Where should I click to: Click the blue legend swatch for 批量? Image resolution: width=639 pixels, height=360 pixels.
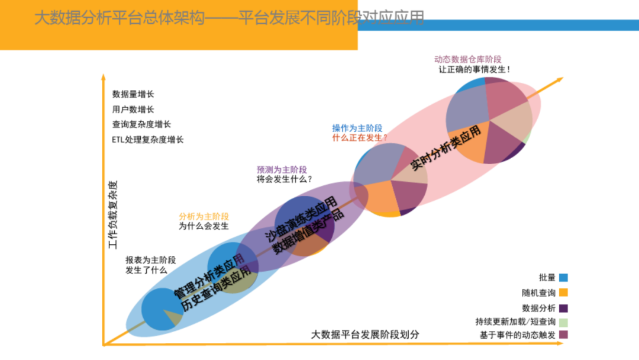pos(563,277)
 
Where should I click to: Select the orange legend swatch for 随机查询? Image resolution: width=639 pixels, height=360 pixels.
pos(563,292)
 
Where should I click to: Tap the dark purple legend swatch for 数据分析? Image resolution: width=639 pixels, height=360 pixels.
pos(563,308)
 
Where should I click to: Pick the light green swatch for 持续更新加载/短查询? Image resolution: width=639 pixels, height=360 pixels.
pos(563,322)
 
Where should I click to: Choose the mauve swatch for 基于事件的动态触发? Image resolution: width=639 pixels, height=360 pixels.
pos(563,335)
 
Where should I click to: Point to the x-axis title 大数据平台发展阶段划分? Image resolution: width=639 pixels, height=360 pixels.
pos(366,335)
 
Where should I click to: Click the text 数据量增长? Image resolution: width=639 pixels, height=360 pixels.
pos(133,94)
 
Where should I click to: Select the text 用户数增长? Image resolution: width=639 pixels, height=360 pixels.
pos(133,110)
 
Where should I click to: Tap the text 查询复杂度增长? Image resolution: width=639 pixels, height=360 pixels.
pos(141,124)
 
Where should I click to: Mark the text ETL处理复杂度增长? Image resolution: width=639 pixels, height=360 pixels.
pos(147,140)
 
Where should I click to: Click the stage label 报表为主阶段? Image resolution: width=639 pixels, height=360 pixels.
pos(150,260)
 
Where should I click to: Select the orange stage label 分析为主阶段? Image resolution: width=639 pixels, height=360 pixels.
pos(204,216)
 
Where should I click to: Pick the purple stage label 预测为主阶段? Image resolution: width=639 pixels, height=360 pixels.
pos(282,169)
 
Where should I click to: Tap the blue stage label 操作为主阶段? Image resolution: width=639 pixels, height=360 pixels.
pos(357,128)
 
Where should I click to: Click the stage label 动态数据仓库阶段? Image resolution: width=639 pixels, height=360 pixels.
pos(467,59)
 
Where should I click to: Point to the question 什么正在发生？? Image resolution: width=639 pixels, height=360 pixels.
pos(360,137)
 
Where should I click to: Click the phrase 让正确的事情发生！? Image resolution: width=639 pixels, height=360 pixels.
pos(474,69)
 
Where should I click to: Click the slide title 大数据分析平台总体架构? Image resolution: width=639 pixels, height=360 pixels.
pos(118,18)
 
